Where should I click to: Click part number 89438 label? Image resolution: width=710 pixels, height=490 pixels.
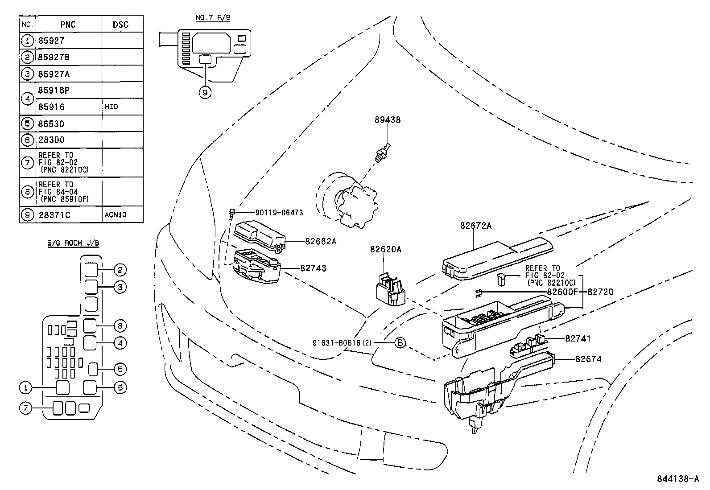(387, 119)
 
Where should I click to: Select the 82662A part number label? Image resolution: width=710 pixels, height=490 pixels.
(321, 241)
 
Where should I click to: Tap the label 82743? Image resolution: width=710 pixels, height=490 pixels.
(313, 268)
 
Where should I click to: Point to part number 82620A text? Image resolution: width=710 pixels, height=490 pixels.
(385, 249)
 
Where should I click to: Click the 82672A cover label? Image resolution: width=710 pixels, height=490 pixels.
(476, 226)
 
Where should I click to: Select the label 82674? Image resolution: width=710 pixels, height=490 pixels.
(588, 358)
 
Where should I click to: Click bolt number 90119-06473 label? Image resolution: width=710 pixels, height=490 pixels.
(279, 213)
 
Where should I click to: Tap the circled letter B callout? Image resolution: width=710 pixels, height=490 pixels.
(400, 342)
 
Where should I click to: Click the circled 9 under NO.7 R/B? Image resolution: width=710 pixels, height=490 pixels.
(205, 93)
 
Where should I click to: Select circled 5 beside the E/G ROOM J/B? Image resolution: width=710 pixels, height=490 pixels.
(120, 369)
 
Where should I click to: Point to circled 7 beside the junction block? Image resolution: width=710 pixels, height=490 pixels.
(26, 408)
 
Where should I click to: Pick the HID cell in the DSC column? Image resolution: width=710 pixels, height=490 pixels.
(112, 107)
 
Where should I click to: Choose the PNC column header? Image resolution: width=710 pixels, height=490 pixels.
(68, 25)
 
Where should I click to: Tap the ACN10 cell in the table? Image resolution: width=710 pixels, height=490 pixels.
(116, 214)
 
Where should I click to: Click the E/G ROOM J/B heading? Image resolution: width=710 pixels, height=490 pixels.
(73, 243)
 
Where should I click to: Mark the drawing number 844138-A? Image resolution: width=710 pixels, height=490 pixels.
(677, 479)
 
